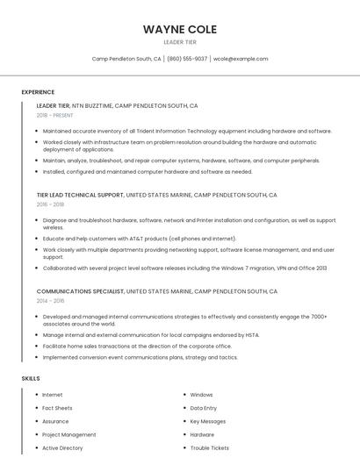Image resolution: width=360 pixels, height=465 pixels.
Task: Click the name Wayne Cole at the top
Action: tap(179, 29)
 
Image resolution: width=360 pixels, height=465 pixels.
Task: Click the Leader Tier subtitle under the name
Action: tap(179, 42)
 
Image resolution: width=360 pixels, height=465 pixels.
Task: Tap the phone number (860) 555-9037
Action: tap(187, 59)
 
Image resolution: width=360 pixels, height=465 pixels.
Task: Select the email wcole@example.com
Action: tap(241, 59)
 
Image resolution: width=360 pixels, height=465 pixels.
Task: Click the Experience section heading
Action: tap(38, 92)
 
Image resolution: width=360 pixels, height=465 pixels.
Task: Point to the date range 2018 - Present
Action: tap(54, 115)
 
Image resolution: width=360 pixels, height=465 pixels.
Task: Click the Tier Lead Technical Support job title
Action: tap(80, 195)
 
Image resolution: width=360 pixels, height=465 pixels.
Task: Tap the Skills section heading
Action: tap(31, 378)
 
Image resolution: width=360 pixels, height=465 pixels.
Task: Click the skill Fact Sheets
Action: tap(57, 408)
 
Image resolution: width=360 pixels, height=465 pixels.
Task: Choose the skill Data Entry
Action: tap(204, 408)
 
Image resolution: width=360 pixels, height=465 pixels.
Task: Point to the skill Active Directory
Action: tap(62, 447)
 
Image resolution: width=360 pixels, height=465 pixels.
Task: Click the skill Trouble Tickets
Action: tap(209, 447)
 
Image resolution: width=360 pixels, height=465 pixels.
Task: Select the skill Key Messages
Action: tap(208, 421)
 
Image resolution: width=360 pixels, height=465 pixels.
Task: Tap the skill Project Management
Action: tap(69, 434)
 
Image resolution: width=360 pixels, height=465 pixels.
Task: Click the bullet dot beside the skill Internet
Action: tap(36, 395)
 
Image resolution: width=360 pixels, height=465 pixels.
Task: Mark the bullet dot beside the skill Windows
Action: tap(184, 395)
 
